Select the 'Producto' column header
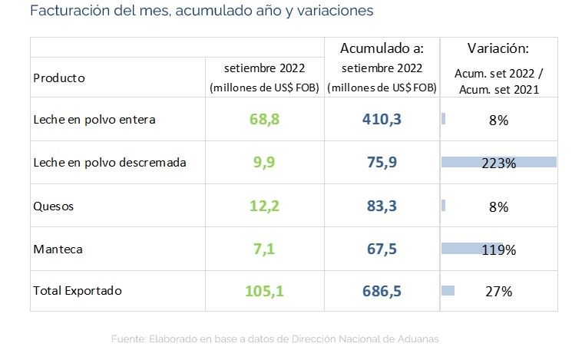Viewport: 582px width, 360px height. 59,78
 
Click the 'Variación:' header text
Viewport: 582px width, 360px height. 498,48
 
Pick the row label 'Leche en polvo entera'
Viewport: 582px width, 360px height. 94,120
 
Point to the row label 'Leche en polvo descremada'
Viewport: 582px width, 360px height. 110,163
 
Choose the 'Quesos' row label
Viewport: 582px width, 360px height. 52,206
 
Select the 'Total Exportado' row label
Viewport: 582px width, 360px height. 78,291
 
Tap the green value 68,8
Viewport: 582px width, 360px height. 266,120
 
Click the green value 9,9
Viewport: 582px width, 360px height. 266,163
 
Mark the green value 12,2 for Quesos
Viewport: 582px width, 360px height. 266,206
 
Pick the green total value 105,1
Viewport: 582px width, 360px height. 266,291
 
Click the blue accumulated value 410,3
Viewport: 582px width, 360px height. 382,120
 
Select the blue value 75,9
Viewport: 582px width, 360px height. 382,163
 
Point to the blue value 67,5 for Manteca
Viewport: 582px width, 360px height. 382,249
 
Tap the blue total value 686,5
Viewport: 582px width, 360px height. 382,291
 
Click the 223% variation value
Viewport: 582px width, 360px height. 499,163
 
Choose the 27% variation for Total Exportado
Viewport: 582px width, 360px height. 499,291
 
